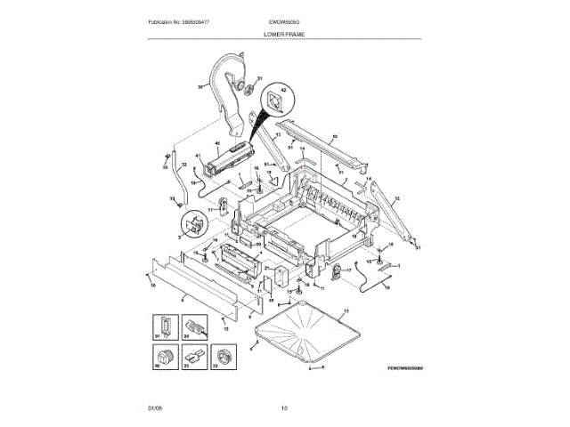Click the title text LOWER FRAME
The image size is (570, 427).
pos(284,33)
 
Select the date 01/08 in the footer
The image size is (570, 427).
pos(154,407)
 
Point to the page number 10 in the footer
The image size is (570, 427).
pos(284,407)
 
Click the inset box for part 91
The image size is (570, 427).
pos(163,327)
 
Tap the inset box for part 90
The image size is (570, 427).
pos(163,358)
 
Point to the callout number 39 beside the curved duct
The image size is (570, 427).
pos(200,86)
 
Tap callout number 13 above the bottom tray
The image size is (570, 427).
pos(346,307)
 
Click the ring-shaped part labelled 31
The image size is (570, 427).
pos(240,86)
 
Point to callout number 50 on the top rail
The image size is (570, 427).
pos(334,136)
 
